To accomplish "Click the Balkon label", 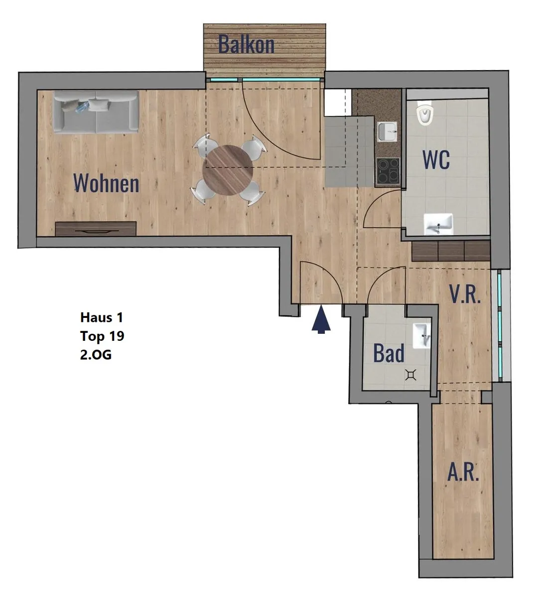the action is [246, 44].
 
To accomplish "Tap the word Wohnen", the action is [106, 183].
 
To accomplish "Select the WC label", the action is [436, 160].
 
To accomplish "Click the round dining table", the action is [228, 170].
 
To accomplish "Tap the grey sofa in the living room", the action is [96, 112].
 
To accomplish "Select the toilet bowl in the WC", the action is [424, 113].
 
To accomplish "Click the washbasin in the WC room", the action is [438, 224].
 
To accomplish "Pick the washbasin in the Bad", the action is [422, 336].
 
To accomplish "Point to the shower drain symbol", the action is [411, 375].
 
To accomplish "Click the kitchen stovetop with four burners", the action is [388, 171].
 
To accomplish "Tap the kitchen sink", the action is [388, 131].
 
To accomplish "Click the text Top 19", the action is [102, 336].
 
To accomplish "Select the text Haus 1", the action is [101, 317].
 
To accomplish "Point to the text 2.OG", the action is [96, 355].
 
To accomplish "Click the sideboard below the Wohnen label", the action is [96, 229].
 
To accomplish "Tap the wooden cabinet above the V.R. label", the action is [451, 251].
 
